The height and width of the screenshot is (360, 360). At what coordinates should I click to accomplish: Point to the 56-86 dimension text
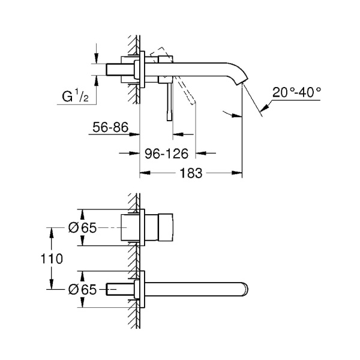112,127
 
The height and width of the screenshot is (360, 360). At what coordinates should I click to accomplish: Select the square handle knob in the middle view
161,228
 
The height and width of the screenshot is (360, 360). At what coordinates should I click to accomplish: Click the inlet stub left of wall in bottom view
117,289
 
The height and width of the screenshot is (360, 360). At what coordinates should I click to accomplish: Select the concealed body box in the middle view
131,228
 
